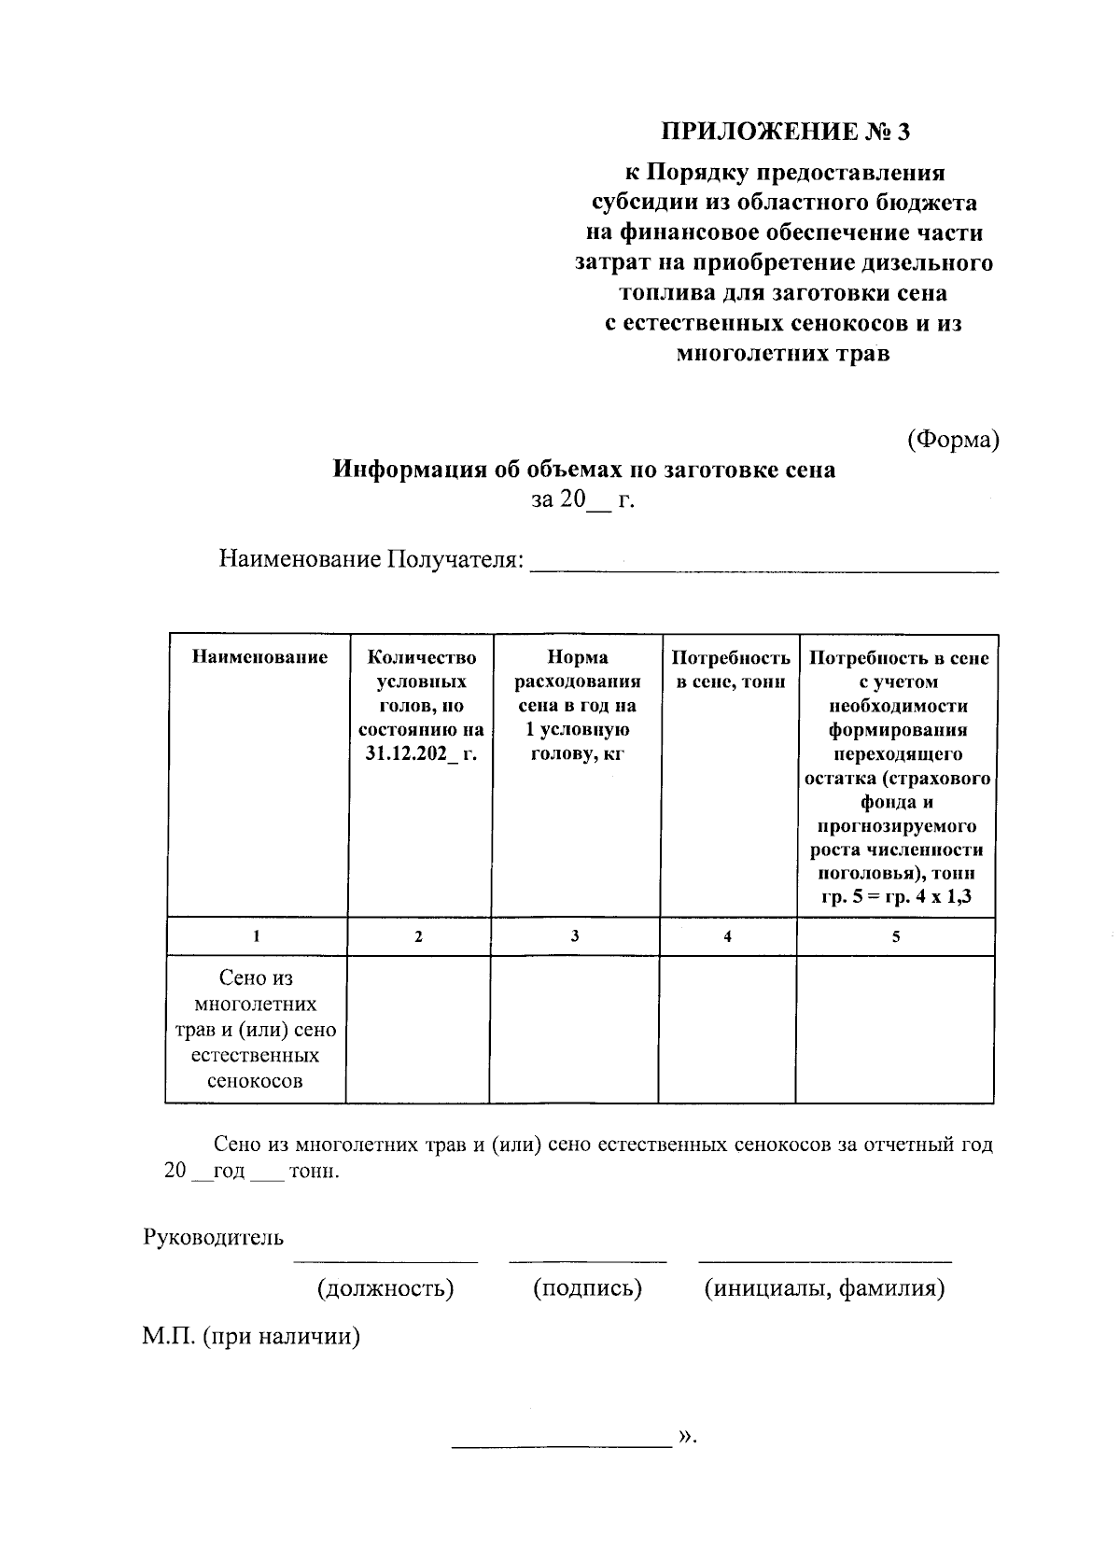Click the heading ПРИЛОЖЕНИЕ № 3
coord(784,132)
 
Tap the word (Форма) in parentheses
coord(953,439)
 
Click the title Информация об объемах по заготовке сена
coord(584,470)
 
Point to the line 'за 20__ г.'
coord(583,500)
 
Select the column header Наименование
coord(259,657)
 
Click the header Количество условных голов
coord(421,706)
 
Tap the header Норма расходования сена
coord(577,706)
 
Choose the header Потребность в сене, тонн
coord(730,669)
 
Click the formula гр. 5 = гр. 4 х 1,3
coord(895,897)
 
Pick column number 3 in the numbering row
coord(575,936)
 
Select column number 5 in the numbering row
coord(895,936)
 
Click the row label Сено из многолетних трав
coord(256,1030)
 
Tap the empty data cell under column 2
coord(418,1030)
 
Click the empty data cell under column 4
coord(727,1030)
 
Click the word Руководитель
coord(214,1238)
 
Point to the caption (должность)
coord(385,1289)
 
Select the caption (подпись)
coord(587,1289)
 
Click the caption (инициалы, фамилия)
coord(824,1289)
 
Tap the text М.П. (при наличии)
coord(251,1337)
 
